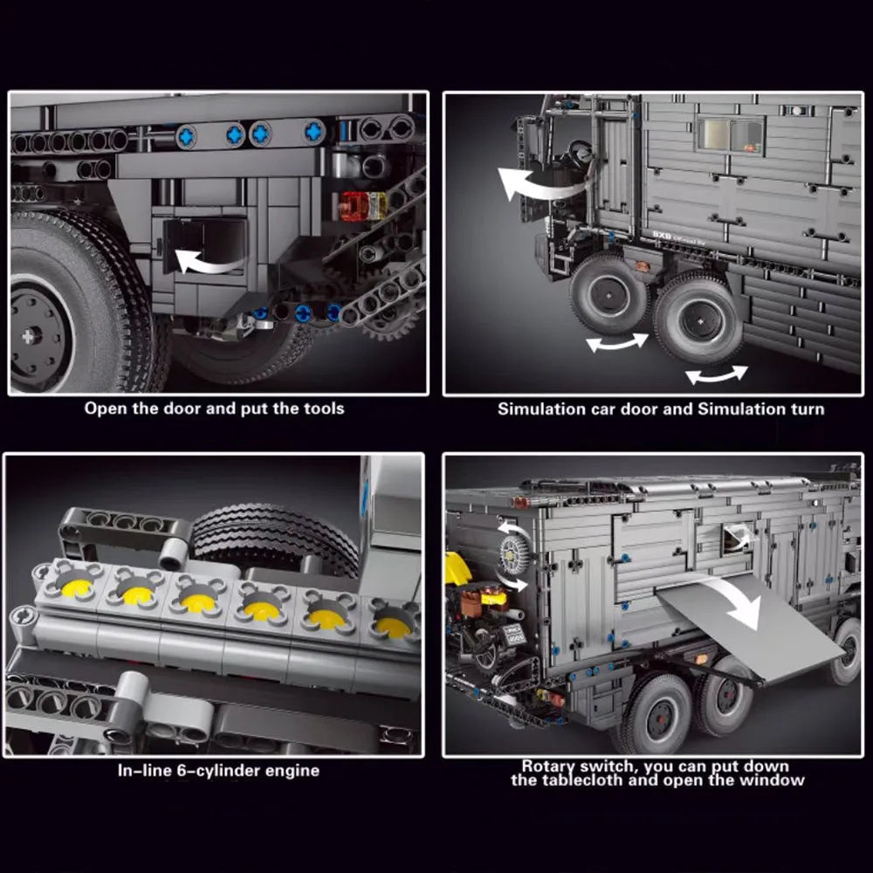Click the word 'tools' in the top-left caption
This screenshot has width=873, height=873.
pyautogui.click(x=324, y=409)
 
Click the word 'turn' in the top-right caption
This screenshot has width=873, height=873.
pyautogui.click(x=808, y=409)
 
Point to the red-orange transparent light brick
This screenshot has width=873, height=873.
pyautogui.click(x=363, y=205)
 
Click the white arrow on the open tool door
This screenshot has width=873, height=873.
pyautogui.click(x=209, y=262)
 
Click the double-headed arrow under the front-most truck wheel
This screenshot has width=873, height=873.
pyautogui.click(x=617, y=342)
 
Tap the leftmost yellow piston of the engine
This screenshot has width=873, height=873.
pyautogui.click(x=77, y=588)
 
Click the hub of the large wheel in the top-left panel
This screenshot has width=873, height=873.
pyautogui.click(x=31, y=336)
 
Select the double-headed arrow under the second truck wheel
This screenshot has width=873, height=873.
pyautogui.click(x=717, y=375)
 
